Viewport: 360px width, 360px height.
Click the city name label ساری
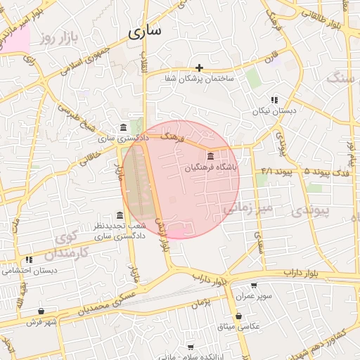[146, 31]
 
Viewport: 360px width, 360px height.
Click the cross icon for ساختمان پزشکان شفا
[200, 68]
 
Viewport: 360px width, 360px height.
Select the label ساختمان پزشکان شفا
[200, 79]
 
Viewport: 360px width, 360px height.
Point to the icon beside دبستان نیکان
[274, 101]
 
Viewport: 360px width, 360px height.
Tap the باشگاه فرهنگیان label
[212, 168]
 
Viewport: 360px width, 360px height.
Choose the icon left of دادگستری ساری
[124, 127]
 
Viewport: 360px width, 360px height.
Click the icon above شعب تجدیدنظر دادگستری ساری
[120, 215]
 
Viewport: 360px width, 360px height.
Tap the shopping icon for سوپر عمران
[253, 285]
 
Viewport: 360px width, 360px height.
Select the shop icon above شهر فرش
[41, 311]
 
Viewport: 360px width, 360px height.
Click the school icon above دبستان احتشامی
[29, 259]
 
